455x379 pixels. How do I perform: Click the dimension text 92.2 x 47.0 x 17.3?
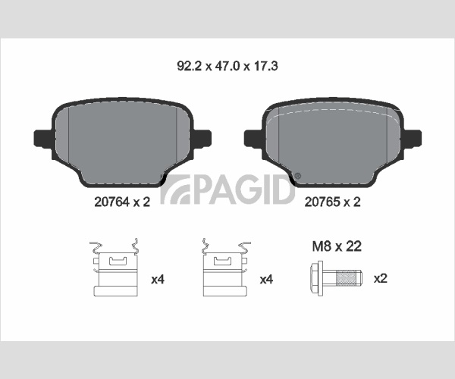(227, 66)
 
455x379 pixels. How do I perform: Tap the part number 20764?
(111, 202)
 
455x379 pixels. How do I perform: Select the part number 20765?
(322, 202)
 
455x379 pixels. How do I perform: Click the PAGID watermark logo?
(227, 189)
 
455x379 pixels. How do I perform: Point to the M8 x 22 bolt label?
(337, 246)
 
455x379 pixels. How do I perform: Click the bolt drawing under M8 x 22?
(336, 278)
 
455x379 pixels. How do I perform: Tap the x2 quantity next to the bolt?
(380, 279)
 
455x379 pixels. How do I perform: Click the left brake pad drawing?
(122, 143)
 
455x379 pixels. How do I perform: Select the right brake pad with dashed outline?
(333, 143)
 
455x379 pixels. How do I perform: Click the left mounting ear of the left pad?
(43, 138)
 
